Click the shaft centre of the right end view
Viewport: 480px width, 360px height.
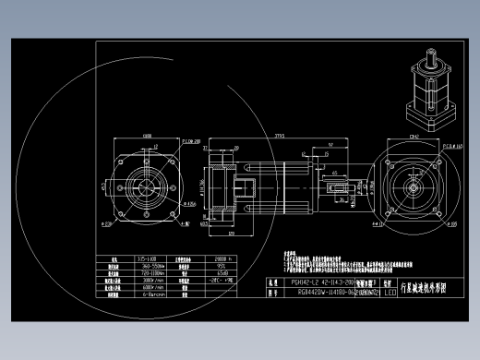pos(413,182)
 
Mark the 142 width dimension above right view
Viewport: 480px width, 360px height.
pos(413,136)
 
